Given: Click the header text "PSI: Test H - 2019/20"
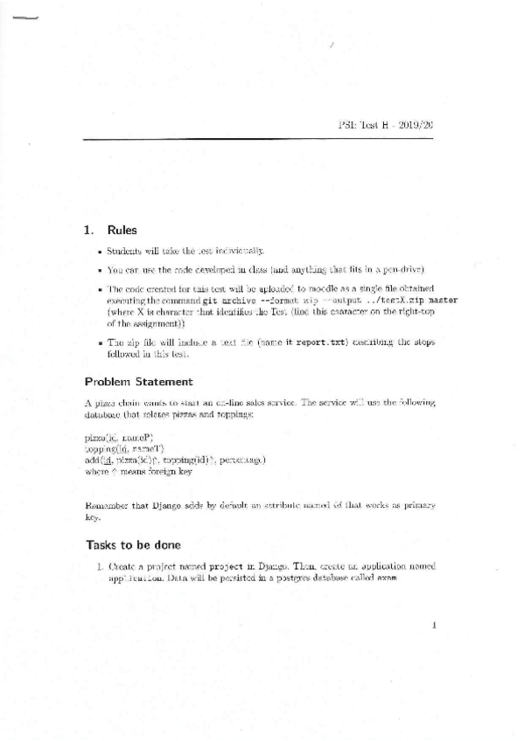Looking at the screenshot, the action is [386, 126].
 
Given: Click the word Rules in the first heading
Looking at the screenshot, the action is [122, 231].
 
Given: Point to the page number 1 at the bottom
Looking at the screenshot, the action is [434, 624].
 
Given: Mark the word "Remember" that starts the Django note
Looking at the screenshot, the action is [108, 506].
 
